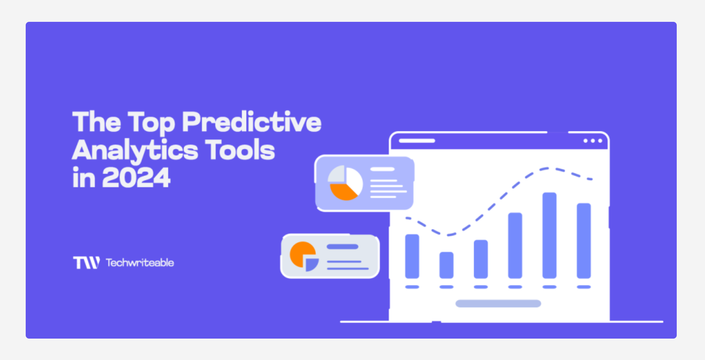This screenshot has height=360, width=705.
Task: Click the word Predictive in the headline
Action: pyautogui.click(x=252, y=122)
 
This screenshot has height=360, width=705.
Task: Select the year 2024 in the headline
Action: pyautogui.click(x=136, y=178)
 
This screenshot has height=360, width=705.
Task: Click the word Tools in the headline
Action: pyautogui.click(x=240, y=150)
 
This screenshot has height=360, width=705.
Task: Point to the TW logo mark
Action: pyautogui.click(x=87, y=262)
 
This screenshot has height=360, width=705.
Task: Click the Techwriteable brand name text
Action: pyautogui.click(x=140, y=262)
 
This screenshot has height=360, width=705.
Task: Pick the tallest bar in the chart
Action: pyautogui.click(x=549, y=235)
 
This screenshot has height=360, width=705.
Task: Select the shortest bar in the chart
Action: pyautogui.click(x=446, y=265)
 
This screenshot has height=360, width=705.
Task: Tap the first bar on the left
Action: pyautogui.click(x=412, y=256)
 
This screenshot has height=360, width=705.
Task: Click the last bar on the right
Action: pyautogui.click(x=583, y=241)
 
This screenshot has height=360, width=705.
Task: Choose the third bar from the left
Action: pyautogui.click(x=481, y=259)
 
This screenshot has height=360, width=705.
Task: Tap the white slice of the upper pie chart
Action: pyautogui.click(x=354, y=181)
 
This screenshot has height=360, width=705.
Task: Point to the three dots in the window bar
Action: pyautogui.click(x=593, y=141)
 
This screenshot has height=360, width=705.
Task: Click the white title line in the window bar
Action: pyautogui.click(x=417, y=141)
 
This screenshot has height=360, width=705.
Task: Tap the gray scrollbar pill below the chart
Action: pyautogui.click(x=498, y=303)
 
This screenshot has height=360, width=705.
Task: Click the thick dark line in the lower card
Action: pyautogui.click(x=342, y=247)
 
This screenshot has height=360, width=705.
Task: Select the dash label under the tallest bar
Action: pyautogui.click(x=549, y=287)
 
